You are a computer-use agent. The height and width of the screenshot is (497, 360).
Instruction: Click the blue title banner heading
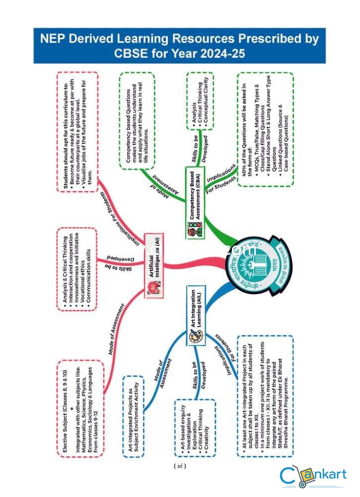[179, 45]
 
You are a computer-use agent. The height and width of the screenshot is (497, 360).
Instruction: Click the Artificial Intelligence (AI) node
[154, 266]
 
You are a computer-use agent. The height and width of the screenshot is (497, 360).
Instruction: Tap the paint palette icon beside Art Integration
[194, 337]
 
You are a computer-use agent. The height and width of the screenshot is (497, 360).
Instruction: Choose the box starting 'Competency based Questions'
[137, 122]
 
